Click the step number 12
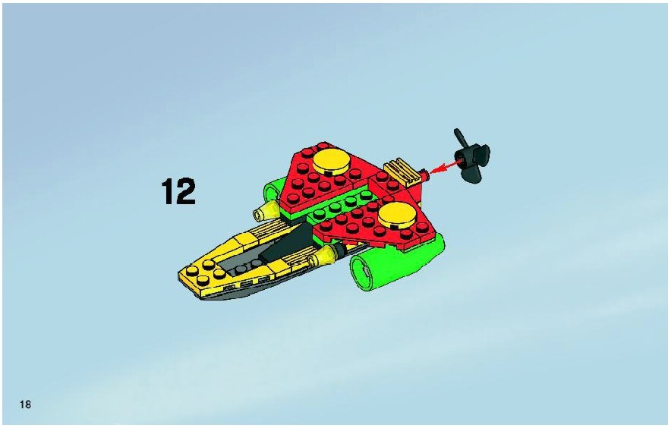pyautogui.click(x=178, y=191)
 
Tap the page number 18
pyautogui.click(x=25, y=404)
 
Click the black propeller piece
pyautogui.click(x=471, y=156)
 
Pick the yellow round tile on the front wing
pyautogui.click(x=397, y=214)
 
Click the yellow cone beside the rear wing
pyautogui.click(x=267, y=211)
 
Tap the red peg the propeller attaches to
pyautogui.click(x=424, y=175)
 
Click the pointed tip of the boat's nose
pyautogui.click(x=179, y=276)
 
